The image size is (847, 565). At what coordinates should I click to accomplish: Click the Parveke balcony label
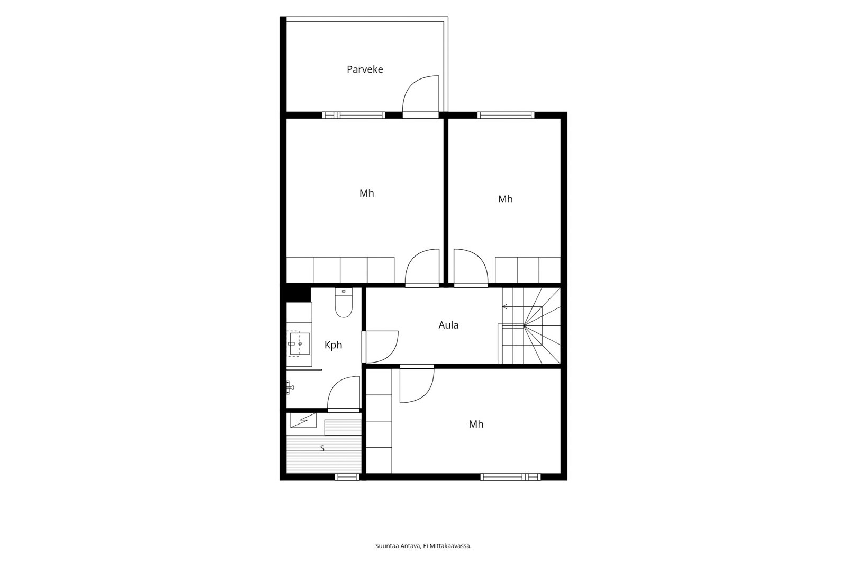[365, 69]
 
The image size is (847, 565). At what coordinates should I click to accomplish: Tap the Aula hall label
[448, 325]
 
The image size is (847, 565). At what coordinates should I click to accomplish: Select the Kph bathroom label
[333, 345]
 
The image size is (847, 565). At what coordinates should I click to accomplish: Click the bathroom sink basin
[300, 344]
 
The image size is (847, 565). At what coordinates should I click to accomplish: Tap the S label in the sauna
[322, 448]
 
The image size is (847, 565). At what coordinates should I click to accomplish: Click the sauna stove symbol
[303, 420]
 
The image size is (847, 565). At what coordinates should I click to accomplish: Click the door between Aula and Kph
[380, 347]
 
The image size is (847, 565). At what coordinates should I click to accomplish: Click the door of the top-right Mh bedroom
[471, 267]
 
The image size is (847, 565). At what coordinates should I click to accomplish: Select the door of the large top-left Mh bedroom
[422, 267]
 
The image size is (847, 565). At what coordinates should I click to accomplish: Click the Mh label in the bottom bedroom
[476, 424]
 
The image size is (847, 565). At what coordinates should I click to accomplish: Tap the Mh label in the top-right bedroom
[506, 199]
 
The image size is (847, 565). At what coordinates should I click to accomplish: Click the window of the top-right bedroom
[506, 115]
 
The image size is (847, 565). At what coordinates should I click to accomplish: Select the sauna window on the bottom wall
[347, 477]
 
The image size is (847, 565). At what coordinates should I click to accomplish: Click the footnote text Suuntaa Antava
[398, 546]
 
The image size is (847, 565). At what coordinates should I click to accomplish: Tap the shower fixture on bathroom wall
[290, 387]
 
